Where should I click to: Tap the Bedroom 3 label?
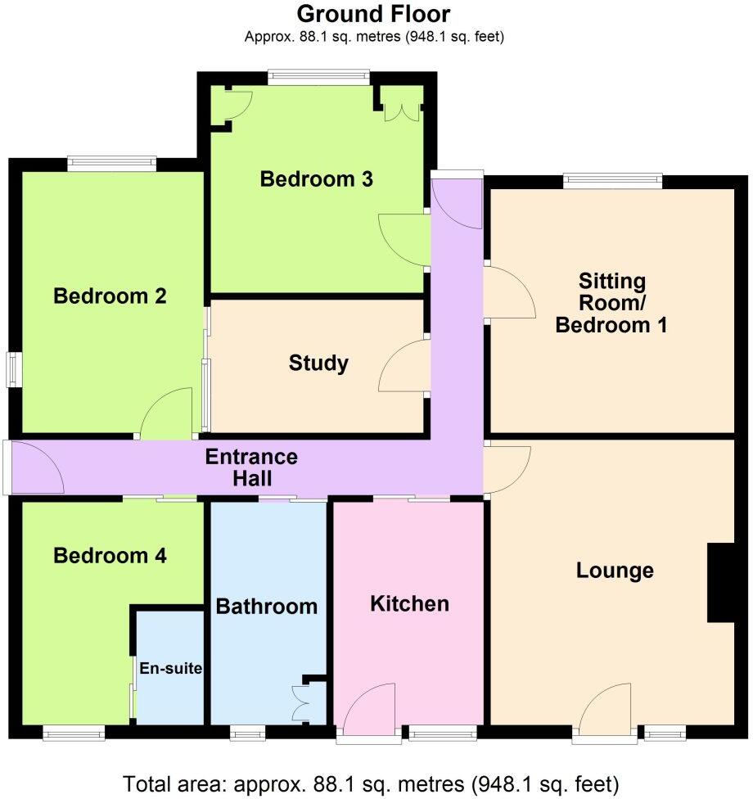coord(317,178)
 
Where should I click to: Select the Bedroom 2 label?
coord(110,296)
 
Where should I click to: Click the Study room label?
coord(318,363)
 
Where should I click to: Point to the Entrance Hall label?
coord(251,467)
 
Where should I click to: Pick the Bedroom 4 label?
coord(110,556)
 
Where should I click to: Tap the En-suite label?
coord(169,668)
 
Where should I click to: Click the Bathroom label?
coord(266,607)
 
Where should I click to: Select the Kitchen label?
coord(409,604)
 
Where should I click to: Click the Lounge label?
coord(615,571)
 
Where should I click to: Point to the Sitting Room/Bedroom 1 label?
coord(611,303)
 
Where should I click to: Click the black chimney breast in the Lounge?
coord(720,583)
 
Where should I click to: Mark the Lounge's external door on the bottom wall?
coord(606,712)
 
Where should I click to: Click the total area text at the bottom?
coord(371,783)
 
